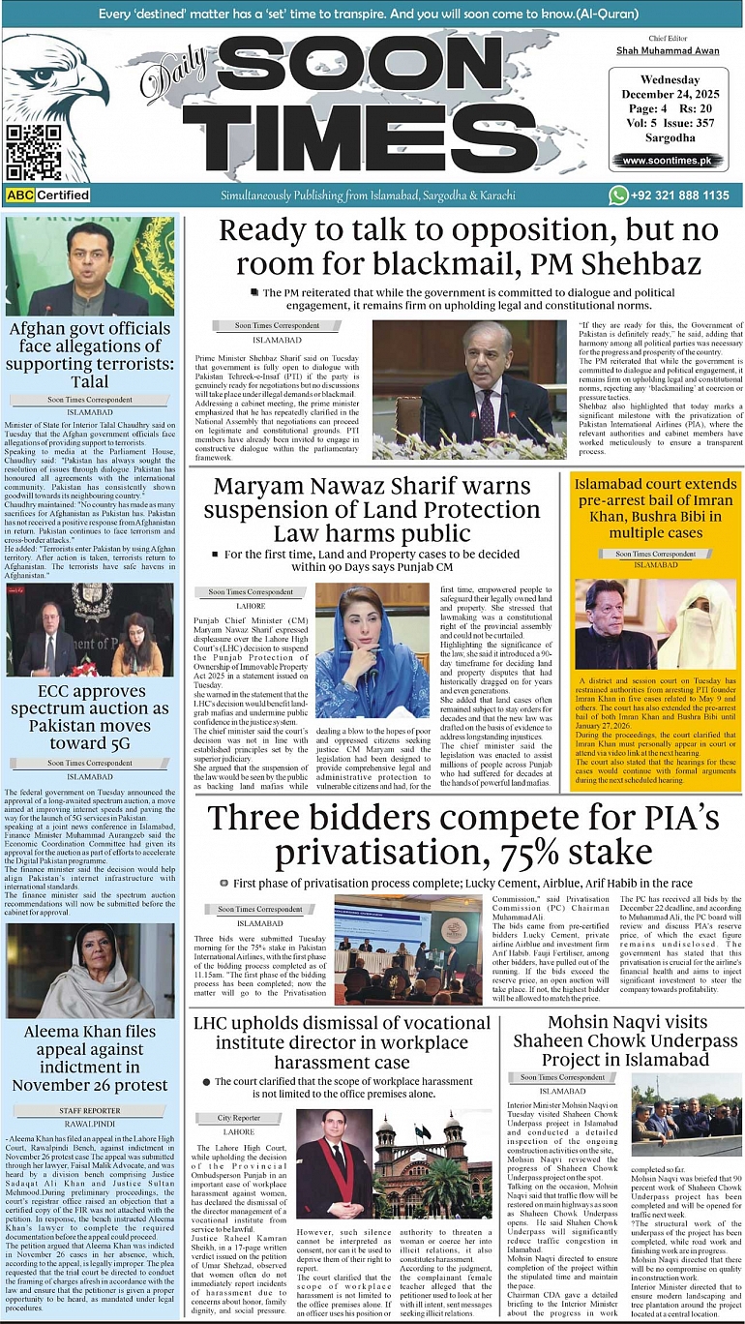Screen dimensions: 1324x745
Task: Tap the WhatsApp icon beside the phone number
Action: (x=618, y=195)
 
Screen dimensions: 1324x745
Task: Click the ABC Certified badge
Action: (x=48, y=195)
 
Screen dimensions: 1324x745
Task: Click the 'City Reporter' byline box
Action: (x=239, y=1118)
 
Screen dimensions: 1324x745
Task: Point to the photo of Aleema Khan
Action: (x=90, y=971)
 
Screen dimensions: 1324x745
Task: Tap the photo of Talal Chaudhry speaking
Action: (x=90, y=266)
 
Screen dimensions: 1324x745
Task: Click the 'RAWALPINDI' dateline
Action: (x=90, y=1124)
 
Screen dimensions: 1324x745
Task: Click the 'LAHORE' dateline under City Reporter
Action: (x=239, y=1131)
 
